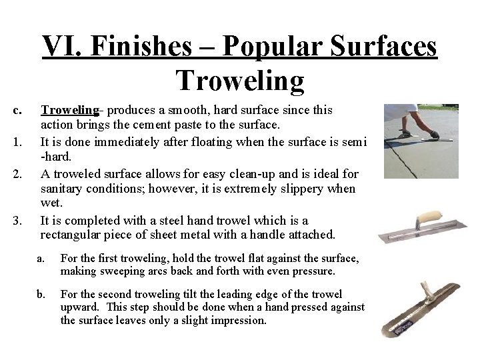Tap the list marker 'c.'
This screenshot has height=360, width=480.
coord(18,109)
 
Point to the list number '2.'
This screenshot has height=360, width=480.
coord(18,174)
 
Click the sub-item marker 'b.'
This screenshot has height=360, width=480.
coord(41,293)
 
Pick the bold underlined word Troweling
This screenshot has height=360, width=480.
coord(69,109)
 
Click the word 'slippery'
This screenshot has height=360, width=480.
coord(299,189)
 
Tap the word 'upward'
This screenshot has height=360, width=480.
coord(79,307)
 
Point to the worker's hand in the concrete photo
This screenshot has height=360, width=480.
coord(434,135)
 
